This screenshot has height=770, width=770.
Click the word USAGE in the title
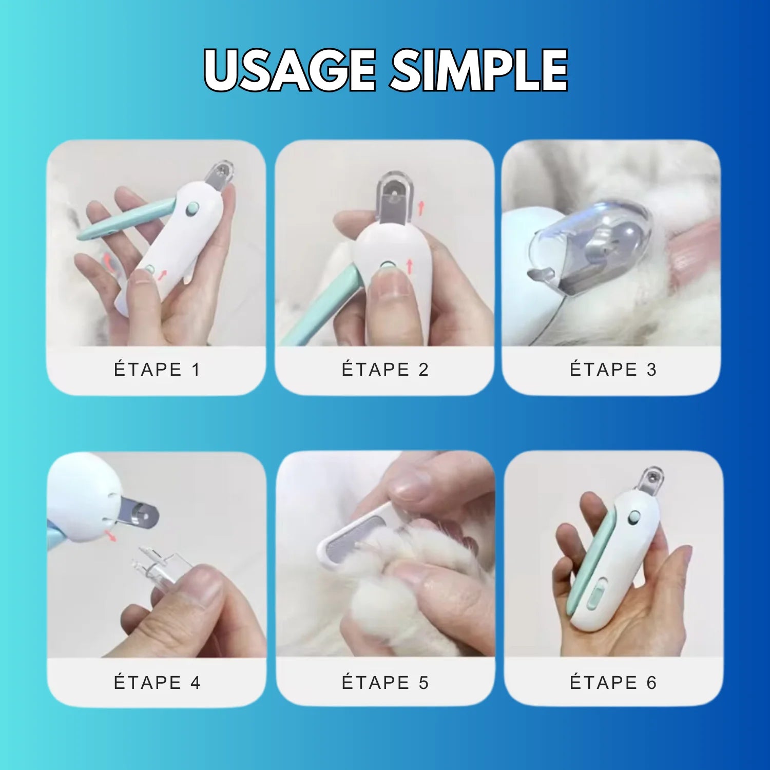point(290,70)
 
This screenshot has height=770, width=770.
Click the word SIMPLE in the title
point(478,70)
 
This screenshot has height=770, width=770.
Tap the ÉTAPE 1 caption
point(157,370)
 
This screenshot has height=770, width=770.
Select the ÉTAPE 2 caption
point(385,370)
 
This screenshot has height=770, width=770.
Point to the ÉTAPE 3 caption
point(613,370)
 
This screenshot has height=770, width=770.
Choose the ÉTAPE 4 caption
point(157,683)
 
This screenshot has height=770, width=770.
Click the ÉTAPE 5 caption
point(385,683)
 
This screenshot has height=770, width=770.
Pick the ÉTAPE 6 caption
point(613,683)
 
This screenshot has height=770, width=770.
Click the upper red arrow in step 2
point(421,208)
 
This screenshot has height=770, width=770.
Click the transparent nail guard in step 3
point(590,241)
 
